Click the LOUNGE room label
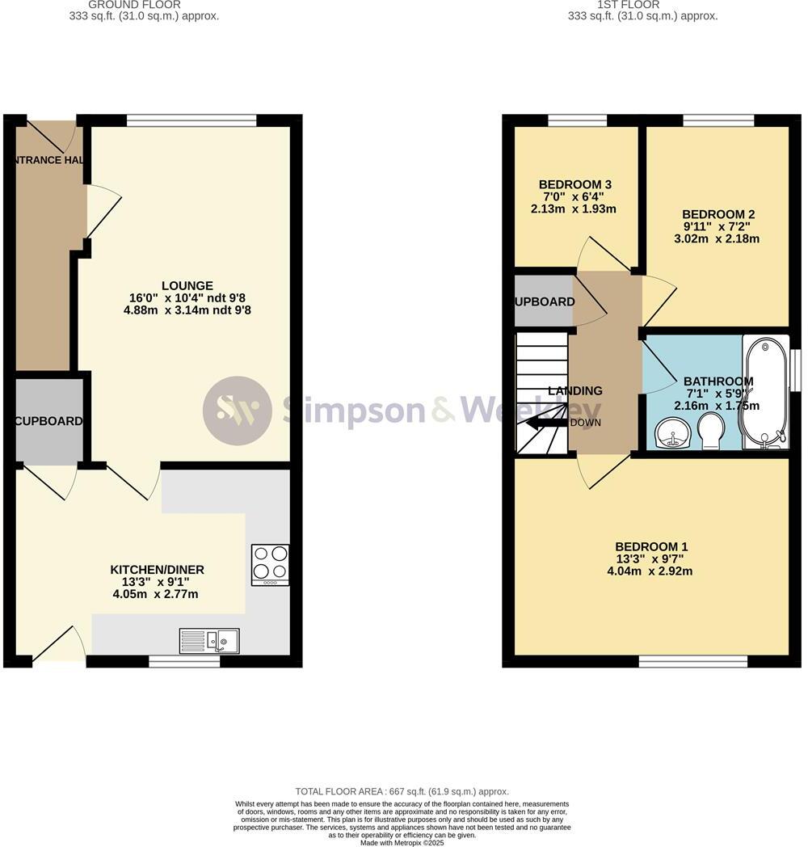pyautogui.click(x=187, y=285)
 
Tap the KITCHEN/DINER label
pyautogui.click(x=157, y=570)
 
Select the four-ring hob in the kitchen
pyautogui.click(x=271, y=564)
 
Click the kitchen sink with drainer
pyautogui.click(x=208, y=641)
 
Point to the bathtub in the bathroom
pyautogui.click(x=764, y=391)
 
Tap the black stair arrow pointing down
pyautogui.click(x=546, y=423)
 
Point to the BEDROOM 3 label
pyautogui.click(x=573, y=184)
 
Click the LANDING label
pyautogui.click(x=575, y=391)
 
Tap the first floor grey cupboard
pyautogui.click(x=544, y=301)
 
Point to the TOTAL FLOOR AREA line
pyautogui.click(x=402, y=792)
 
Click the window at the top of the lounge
pyautogui.click(x=191, y=120)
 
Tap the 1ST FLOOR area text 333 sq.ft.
pyautogui.click(x=642, y=16)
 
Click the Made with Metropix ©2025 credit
pyautogui.click(x=402, y=842)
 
